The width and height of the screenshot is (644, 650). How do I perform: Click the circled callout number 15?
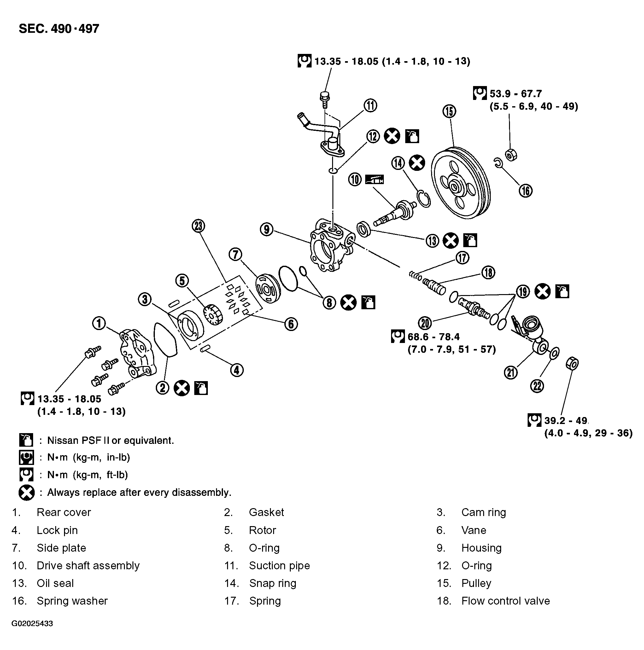point(449,111)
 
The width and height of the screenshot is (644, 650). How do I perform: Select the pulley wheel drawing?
point(460,183)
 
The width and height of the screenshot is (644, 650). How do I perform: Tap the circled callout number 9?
point(266,229)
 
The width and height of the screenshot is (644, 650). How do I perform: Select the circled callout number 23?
point(198,226)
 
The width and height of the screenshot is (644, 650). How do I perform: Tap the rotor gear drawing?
point(213,315)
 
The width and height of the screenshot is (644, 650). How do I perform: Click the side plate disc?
point(268,289)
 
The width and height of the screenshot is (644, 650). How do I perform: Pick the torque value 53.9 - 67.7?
point(515,94)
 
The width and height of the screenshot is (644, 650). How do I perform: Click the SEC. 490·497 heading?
point(59,29)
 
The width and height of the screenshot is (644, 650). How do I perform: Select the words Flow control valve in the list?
point(505,601)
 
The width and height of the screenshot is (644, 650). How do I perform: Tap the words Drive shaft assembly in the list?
point(88,566)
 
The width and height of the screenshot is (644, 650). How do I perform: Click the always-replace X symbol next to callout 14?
point(417,163)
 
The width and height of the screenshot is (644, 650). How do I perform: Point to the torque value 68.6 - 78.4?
point(433,336)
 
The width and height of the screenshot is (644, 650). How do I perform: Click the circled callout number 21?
point(510,372)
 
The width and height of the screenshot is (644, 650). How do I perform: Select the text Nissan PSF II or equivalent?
point(110,440)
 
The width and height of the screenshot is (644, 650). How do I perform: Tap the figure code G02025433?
point(32,624)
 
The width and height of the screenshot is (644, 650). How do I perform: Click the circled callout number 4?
point(237,370)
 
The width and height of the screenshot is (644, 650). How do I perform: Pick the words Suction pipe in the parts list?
point(279,566)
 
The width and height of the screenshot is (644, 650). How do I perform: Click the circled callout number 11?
point(370,105)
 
